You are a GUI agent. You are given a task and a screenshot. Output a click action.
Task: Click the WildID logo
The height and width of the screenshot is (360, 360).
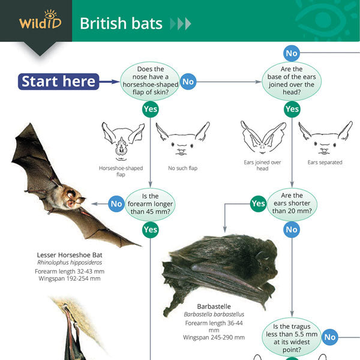(40, 20)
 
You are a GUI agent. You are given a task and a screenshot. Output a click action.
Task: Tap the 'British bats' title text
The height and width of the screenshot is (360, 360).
(121, 23)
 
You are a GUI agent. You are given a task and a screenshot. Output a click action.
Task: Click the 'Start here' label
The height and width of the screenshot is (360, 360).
(59, 82)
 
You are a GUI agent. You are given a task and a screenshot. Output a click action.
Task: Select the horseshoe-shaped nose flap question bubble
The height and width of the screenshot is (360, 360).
(150, 81)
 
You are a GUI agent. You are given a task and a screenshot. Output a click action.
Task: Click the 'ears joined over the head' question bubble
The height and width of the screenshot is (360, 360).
(292, 81)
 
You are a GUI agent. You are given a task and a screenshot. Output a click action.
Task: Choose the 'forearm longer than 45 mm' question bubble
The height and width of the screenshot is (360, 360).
(150, 204)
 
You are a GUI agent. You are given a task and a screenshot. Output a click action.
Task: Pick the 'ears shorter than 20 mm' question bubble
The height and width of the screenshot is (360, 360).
(292, 203)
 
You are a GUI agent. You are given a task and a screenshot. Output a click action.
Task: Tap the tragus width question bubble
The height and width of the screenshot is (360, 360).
(292, 337)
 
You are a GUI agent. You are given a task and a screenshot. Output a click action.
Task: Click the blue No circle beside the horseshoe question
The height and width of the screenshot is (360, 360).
(188, 82)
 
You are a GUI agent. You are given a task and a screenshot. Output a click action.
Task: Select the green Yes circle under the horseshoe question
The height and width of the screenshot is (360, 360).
(151, 109)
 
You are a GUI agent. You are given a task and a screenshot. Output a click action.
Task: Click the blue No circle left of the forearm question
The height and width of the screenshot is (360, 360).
(116, 203)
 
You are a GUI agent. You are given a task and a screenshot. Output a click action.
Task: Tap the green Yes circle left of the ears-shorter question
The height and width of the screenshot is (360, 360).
(258, 203)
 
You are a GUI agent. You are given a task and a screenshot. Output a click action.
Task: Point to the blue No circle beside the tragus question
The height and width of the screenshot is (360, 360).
(330, 337)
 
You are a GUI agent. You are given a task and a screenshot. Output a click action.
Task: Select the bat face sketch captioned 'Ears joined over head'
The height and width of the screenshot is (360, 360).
(263, 138)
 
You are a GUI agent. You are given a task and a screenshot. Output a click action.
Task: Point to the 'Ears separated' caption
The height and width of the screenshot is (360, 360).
(325, 163)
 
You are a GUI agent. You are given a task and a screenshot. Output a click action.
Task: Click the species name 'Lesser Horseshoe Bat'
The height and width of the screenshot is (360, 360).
(70, 255)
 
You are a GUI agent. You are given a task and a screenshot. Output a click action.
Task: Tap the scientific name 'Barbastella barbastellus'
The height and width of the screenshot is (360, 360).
(214, 314)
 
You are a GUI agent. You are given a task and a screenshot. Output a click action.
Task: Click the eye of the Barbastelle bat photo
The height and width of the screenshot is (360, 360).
(266, 268)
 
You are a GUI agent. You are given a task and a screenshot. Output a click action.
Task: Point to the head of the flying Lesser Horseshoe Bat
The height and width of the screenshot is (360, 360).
(74, 197)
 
